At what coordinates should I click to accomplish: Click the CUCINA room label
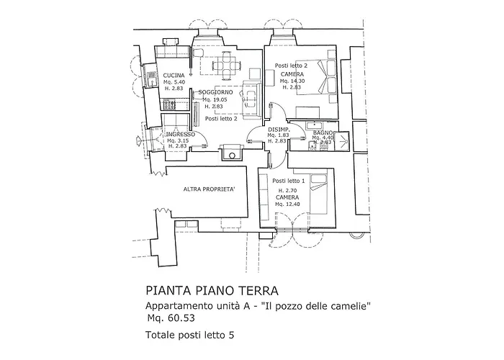[x=174, y=76]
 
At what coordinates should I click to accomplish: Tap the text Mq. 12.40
[x=287, y=204]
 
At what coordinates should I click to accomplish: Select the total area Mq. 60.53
[x=171, y=318]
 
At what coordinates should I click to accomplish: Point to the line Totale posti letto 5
[x=190, y=335]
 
